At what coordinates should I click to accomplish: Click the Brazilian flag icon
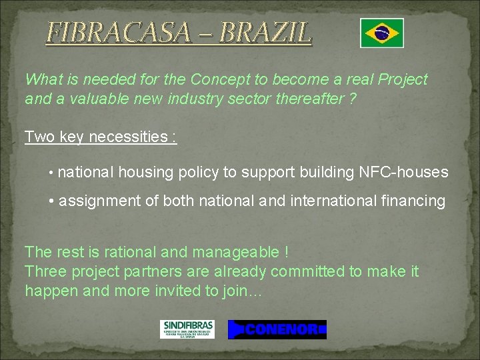(381, 33)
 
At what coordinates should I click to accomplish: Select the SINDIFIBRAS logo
(187, 329)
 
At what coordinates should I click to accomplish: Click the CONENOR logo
(277, 329)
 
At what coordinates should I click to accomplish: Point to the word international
(330, 201)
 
